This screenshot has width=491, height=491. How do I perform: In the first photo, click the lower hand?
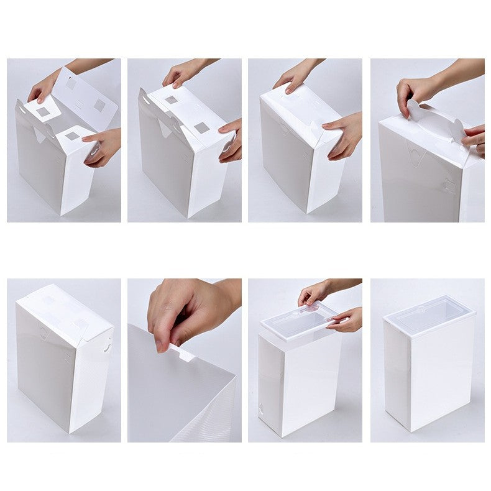[x=103, y=147]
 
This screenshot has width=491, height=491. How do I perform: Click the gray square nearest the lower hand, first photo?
[x=73, y=135]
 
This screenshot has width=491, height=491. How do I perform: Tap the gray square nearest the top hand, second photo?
[x=170, y=99]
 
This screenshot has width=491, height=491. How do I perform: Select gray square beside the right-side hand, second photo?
[x=201, y=128]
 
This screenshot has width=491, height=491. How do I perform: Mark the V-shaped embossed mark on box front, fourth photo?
[x=413, y=150]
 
